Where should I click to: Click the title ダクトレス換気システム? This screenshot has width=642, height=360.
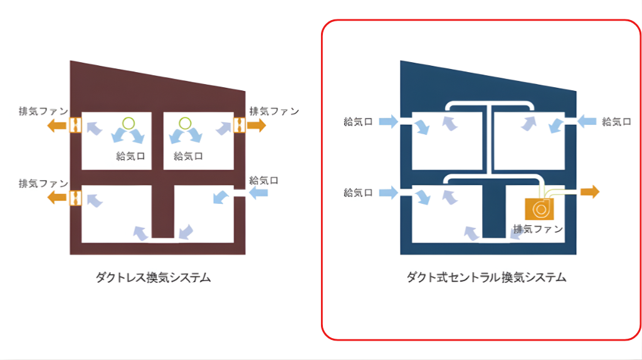pyautogui.click(x=152, y=277)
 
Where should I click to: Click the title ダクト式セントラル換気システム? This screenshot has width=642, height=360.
pyautogui.click(x=486, y=277)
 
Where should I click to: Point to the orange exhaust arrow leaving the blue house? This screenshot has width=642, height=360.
pyautogui.click(x=589, y=191)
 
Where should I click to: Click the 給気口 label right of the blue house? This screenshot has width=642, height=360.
pyautogui.click(x=616, y=122)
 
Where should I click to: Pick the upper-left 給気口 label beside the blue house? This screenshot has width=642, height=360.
pyautogui.click(x=358, y=122)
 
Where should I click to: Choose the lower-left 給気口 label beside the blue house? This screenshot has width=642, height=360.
pyautogui.click(x=358, y=193)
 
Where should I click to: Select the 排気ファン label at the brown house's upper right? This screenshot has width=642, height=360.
pyautogui.click(x=274, y=111)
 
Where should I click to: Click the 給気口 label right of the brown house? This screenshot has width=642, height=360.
pyautogui.click(x=264, y=180)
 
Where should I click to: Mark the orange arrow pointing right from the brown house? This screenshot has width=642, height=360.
pyautogui.click(x=256, y=125)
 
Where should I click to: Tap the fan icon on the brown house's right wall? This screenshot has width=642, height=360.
pyautogui.click(x=239, y=125)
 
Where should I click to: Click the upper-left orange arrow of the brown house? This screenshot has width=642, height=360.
pyautogui.click(x=57, y=125)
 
